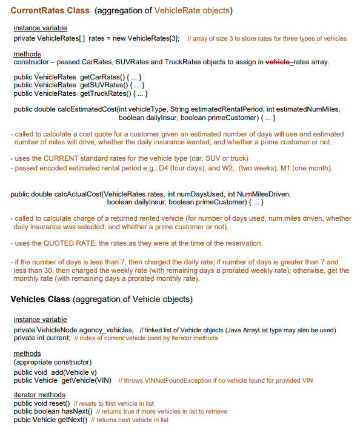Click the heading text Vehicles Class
[x=40, y=299]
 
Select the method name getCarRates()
[x=104, y=77]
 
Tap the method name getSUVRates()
[x=105, y=85]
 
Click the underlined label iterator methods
[x=39, y=395]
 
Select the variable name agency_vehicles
[x=106, y=330]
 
